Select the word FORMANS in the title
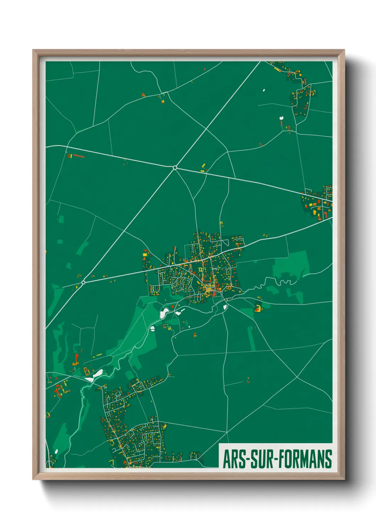point(305,459)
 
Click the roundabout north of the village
point(175,167)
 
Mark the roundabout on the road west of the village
point(83,283)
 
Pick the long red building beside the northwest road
point(79,156)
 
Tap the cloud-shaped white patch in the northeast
point(281,118)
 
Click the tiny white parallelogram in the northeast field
point(264,90)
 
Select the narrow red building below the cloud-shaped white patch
point(281,123)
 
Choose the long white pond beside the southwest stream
point(97,373)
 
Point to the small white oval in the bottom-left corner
point(56,452)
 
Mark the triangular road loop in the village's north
point(225,243)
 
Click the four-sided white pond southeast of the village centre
point(225,307)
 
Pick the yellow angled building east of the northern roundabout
point(203,166)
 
